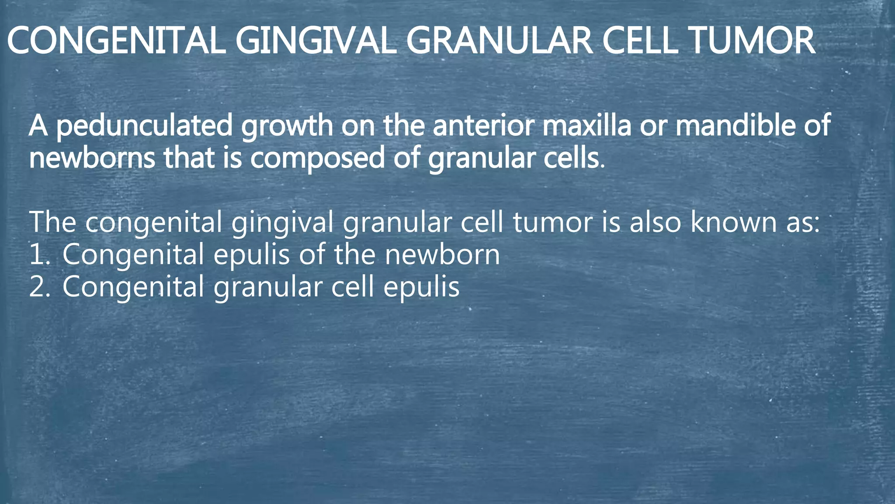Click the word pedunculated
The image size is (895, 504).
pos(145,126)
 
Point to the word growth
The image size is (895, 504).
pos(287,126)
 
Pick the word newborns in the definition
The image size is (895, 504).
pos(92,158)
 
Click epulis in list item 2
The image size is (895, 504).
pos(421,288)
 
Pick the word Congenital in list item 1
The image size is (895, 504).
pos(133,255)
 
